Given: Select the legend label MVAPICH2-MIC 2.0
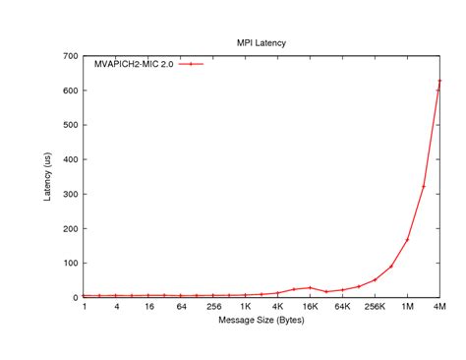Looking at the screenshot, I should pyautogui.click(x=133, y=64).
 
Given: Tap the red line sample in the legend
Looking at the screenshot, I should pyautogui.click(x=191, y=64).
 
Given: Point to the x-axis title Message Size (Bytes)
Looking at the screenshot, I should pyautogui.click(x=262, y=321).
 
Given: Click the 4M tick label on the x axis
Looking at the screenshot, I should pyautogui.click(x=439, y=307).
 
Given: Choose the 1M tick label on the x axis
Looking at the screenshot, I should pyautogui.click(x=407, y=307).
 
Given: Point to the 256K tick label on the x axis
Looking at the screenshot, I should pyautogui.click(x=375, y=307).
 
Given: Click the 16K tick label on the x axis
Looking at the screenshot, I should pyautogui.click(x=311, y=307).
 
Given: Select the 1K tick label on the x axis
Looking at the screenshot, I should pyautogui.click(x=246, y=307).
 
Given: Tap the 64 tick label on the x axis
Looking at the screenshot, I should pyautogui.click(x=181, y=307).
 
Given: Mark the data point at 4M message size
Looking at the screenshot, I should pyautogui.click(x=439, y=81).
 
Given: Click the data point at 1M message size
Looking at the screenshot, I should pyautogui.click(x=407, y=239).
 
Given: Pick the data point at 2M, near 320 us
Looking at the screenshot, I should pyautogui.click(x=424, y=186).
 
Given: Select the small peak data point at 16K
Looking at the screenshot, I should pyautogui.click(x=311, y=288).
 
